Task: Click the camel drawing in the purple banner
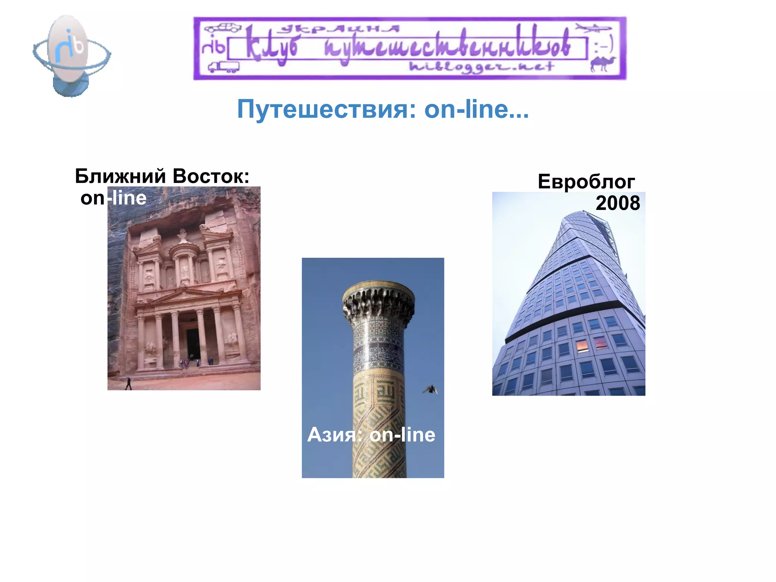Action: click(602, 64)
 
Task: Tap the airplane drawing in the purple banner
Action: click(593, 28)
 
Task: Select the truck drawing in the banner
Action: click(224, 67)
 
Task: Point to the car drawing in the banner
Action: click(223, 27)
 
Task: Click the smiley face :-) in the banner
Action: click(603, 47)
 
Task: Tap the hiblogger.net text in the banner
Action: click(481, 67)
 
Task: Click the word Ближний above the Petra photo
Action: click(120, 176)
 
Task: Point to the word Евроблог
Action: click(586, 181)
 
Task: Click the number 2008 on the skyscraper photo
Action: click(618, 203)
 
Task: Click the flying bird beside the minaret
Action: click(430, 390)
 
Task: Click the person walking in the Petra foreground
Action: click(128, 383)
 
